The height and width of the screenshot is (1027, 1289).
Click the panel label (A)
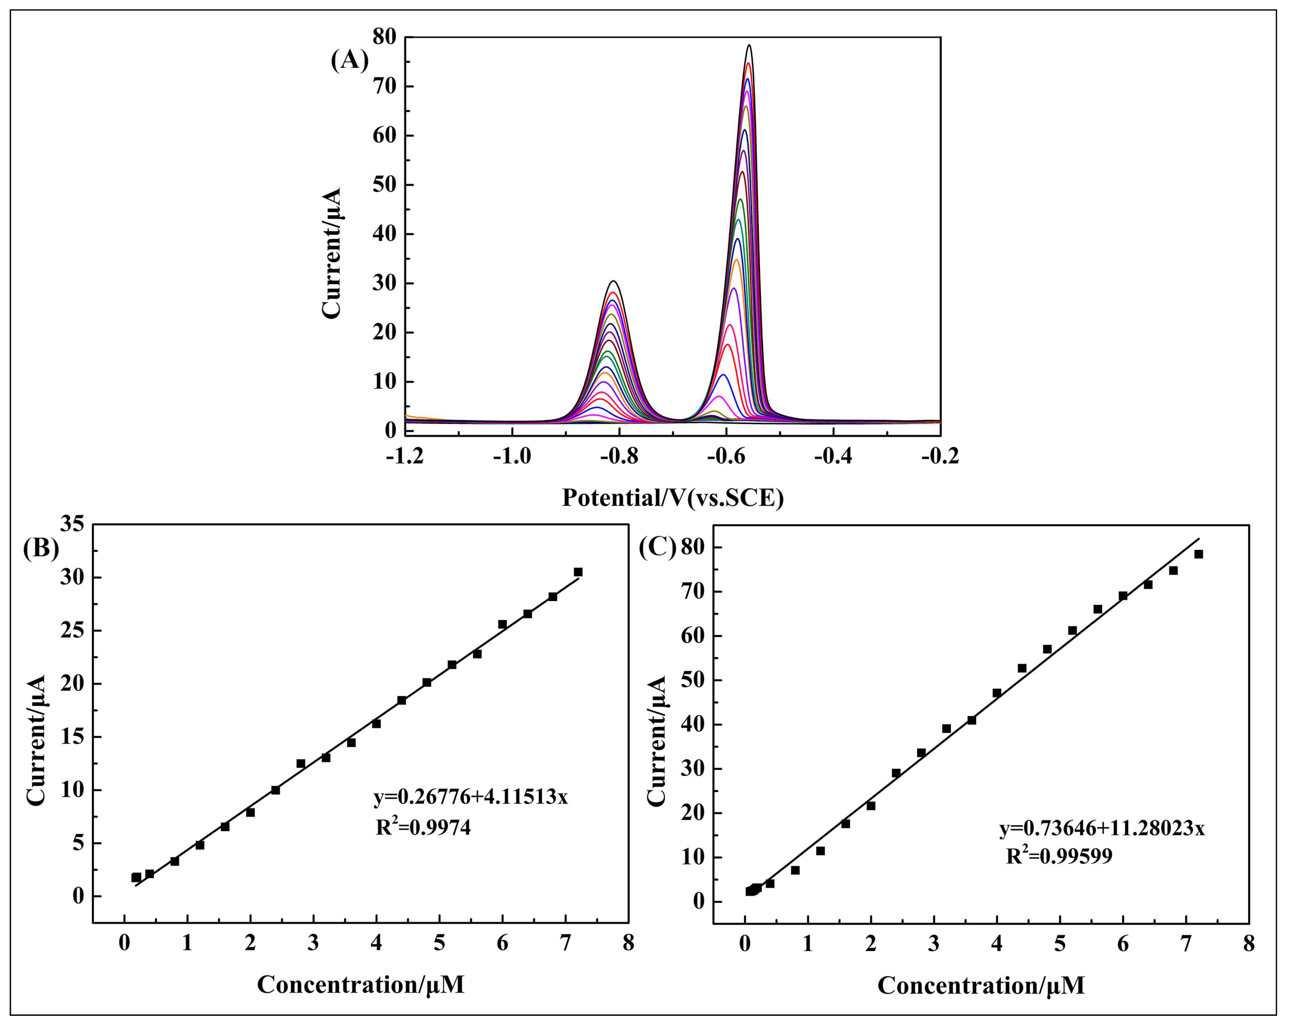pos(349,61)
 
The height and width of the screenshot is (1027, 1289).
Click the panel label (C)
pos(657,547)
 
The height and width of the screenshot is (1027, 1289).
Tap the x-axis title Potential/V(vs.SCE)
pos(673,497)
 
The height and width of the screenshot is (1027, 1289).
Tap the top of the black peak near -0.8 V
pos(613,281)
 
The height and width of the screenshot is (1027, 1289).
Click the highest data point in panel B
pos(578,572)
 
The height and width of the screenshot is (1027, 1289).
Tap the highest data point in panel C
pos(1198,554)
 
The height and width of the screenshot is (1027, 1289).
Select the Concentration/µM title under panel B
pos(361,984)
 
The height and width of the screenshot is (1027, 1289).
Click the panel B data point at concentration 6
pos(502,624)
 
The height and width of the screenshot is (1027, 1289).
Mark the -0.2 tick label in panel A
pos(940,456)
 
